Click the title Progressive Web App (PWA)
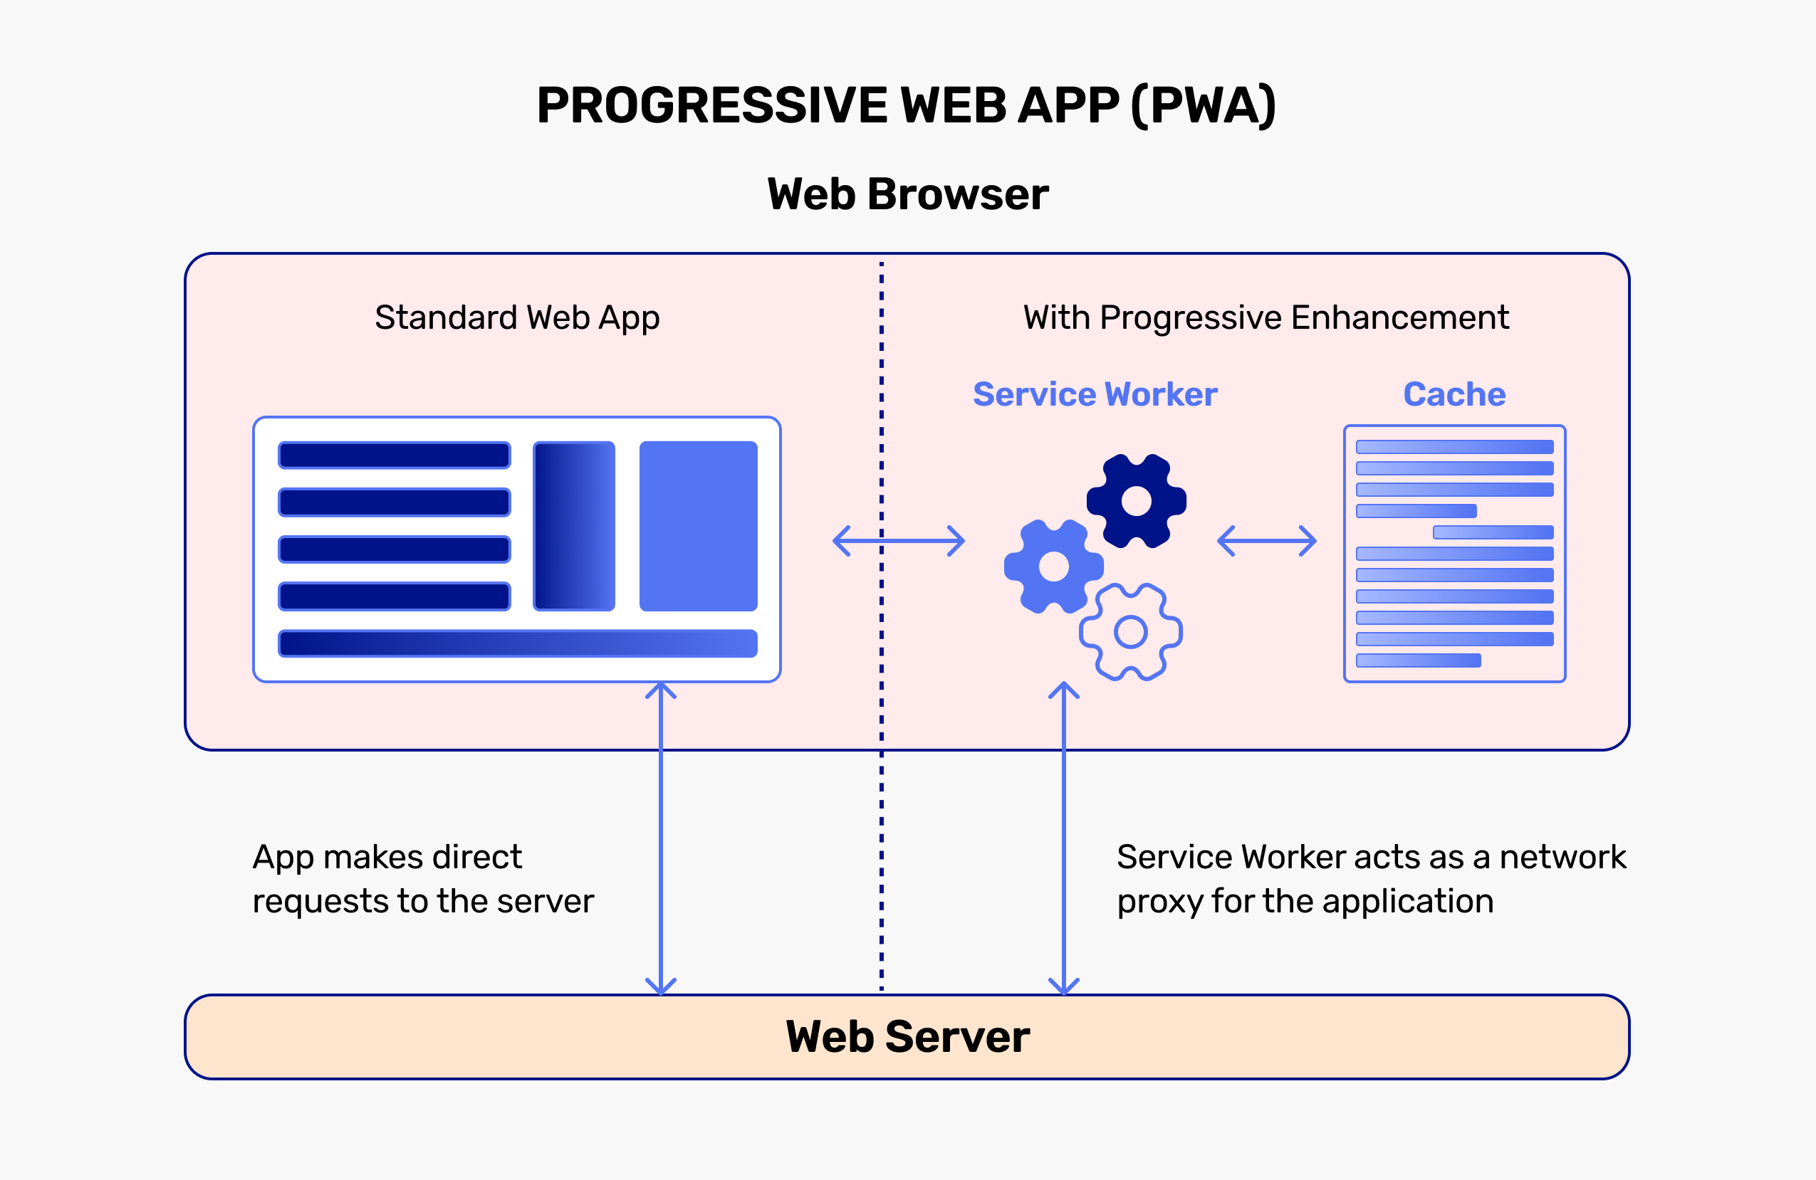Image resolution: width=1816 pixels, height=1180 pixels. pos(907,105)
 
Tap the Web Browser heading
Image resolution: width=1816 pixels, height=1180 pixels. pos(907,194)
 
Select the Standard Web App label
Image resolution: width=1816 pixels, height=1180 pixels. pos(516,317)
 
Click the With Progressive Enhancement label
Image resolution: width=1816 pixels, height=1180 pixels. pos(1266,317)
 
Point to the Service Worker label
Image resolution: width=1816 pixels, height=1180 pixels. pos(1095,394)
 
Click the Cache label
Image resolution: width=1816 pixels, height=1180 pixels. pos(1454,394)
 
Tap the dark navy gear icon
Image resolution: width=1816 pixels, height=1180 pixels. pos(1136,501)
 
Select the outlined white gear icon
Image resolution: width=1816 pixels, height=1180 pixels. pos(1131,631)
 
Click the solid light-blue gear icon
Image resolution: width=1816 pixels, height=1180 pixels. pos(1054,567)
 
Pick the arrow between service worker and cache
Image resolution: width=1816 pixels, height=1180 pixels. pos(1267,541)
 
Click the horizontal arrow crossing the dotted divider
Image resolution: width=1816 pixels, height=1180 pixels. pos(899,541)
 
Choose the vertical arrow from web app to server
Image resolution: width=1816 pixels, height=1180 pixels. pos(661,839)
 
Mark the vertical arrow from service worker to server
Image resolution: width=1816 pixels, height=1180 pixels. pos(1064,839)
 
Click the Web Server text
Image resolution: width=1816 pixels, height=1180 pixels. pos(907,1037)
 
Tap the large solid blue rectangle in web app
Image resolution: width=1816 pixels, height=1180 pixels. pos(698,527)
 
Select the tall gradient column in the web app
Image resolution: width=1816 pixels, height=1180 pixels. pos(574,527)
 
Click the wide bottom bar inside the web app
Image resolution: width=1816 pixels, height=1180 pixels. pos(517,643)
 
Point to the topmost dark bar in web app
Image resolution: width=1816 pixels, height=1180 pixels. pos(395,455)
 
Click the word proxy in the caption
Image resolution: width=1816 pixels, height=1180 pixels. pos(1160,902)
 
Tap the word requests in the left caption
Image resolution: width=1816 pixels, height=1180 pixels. pos(320,902)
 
